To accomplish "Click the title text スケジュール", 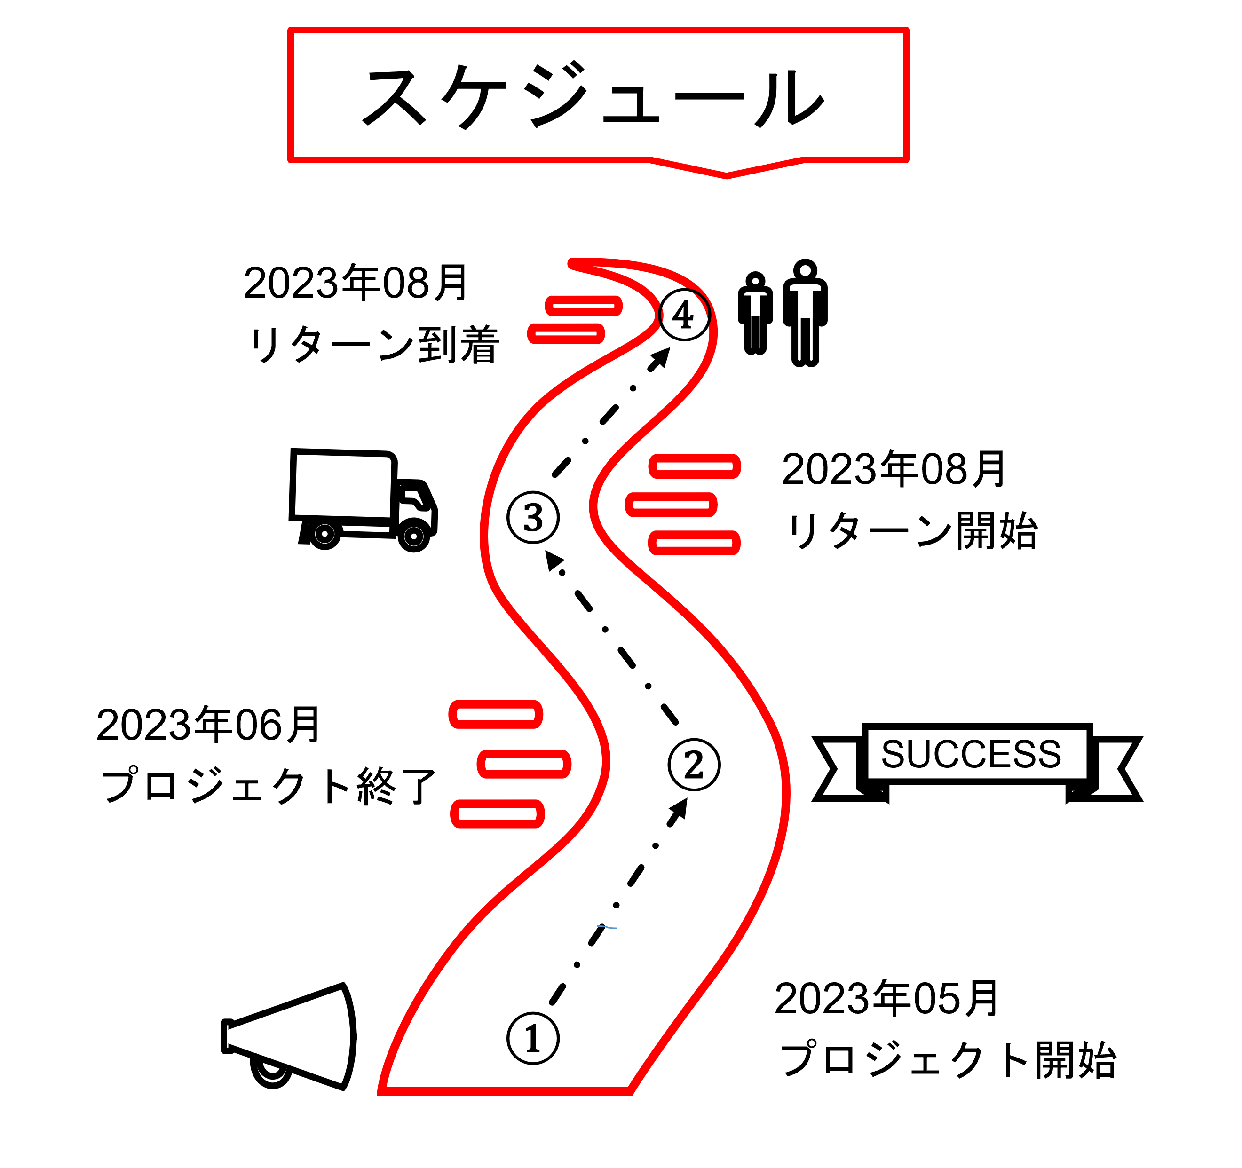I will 593,97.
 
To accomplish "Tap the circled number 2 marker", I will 694,765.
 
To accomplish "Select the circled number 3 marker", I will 533,518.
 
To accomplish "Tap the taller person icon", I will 805,312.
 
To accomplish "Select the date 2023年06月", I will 208,725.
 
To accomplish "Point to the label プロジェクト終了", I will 269,786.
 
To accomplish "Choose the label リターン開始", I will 912,531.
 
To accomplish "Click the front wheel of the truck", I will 413,536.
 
